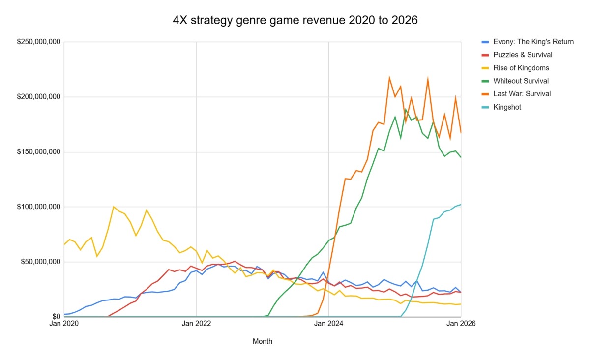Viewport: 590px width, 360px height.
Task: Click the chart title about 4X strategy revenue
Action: pos(295,20)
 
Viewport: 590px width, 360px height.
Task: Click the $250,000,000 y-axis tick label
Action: pos(38,42)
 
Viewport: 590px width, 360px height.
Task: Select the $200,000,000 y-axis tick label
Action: pos(38,97)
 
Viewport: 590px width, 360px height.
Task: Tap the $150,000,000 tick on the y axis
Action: pos(38,152)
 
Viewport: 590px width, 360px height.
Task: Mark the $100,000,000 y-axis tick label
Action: pos(38,207)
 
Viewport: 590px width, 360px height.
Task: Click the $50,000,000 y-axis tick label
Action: pos(40,262)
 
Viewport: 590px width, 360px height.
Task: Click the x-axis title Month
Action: pos(262,341)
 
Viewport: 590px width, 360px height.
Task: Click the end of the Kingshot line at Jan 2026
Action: pos(461,205)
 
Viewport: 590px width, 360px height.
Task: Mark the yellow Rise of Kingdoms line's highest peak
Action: pos(114,207)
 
